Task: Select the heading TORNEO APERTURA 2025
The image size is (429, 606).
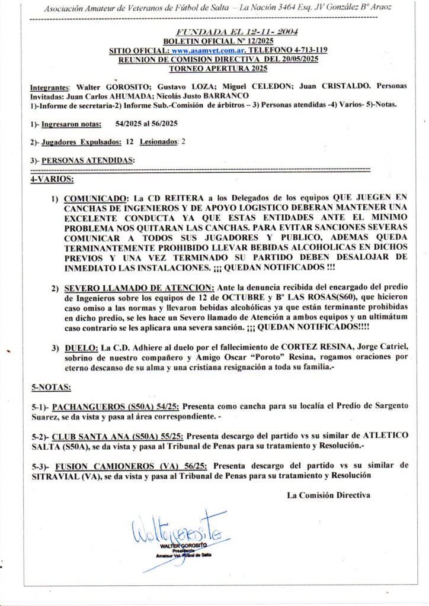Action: (x=218, y=68)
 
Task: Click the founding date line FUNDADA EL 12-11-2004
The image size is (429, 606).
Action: (x=238, y=32)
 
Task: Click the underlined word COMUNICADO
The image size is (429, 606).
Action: (x=95, y=197)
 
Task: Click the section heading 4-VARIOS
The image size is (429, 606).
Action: (x=52, y=178)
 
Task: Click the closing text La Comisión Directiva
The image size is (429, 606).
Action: (x=328, y=495)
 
